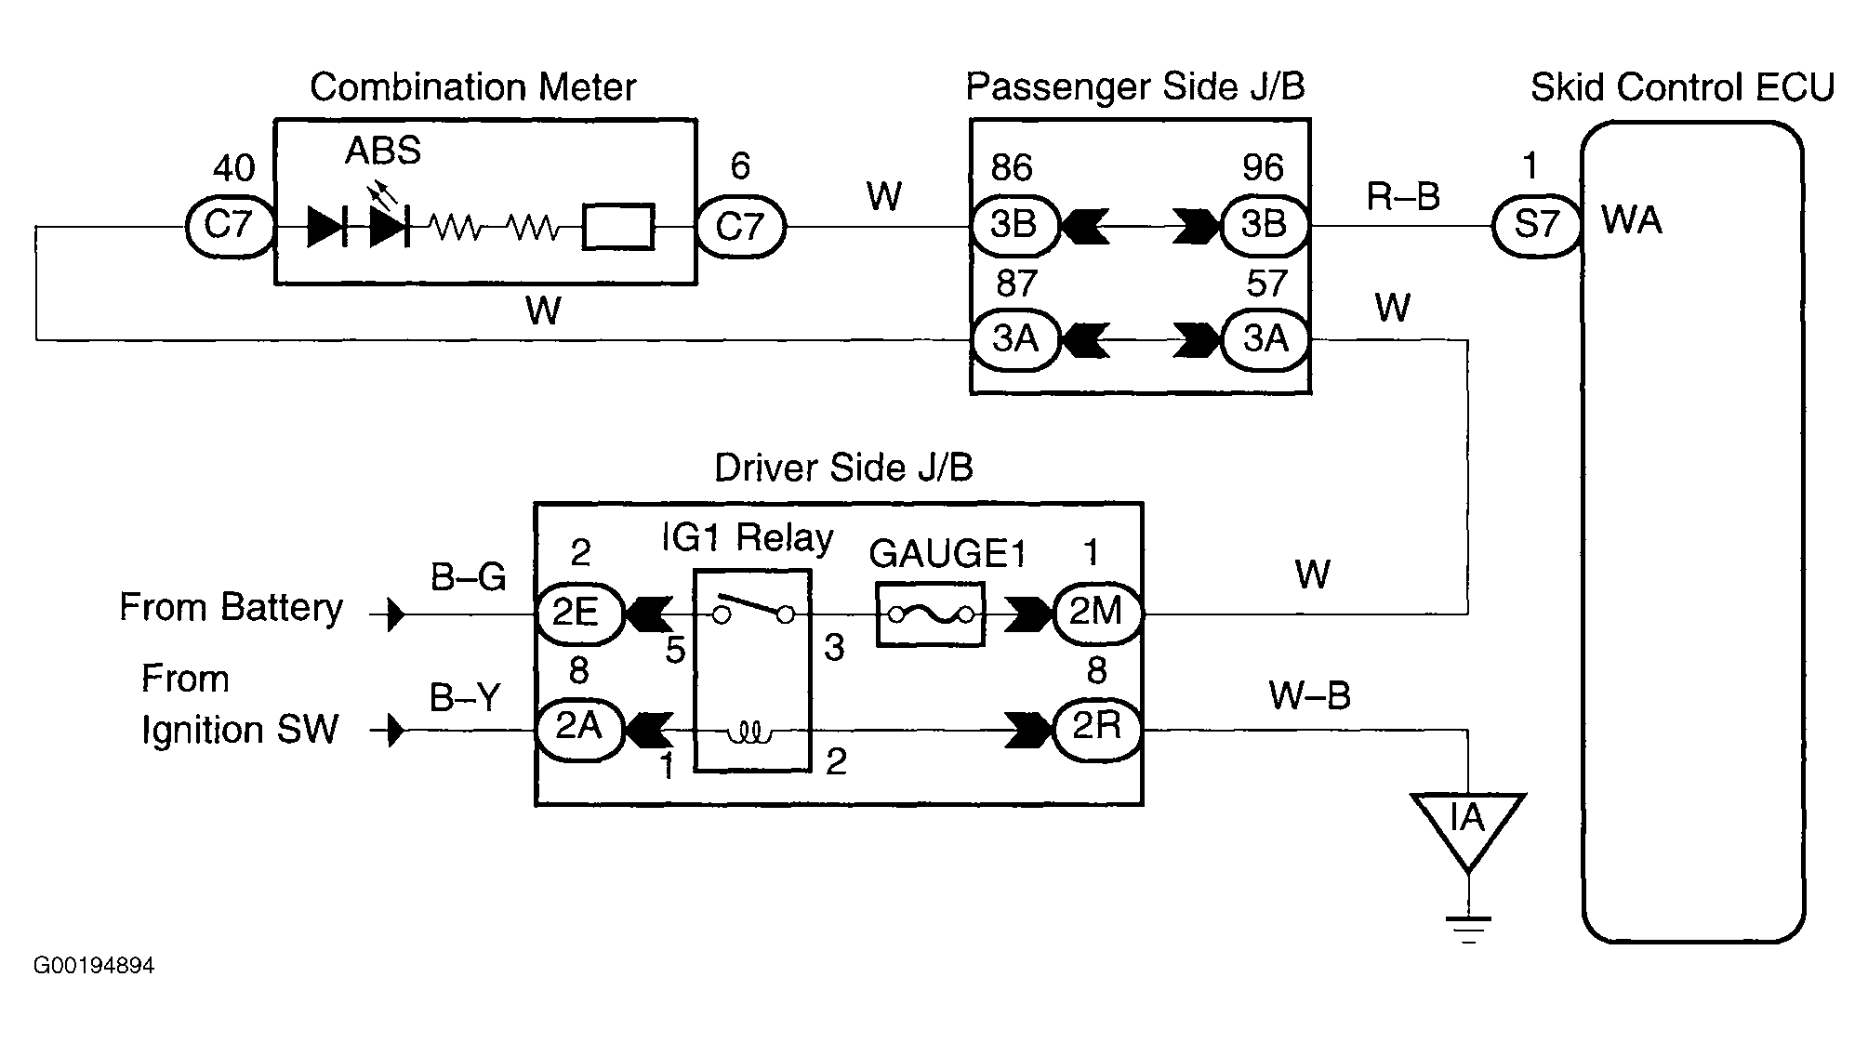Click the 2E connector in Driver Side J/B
point(579,614)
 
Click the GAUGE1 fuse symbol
point(930,614)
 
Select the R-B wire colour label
point(1403,196)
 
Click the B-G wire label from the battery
point(468,577)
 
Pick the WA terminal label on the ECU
point(1632,221)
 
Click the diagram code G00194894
point(94,966)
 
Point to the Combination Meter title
point(473,87)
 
